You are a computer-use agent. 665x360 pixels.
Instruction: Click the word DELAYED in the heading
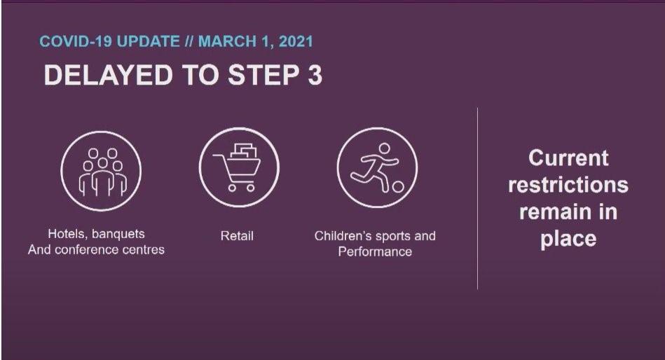[108, 75]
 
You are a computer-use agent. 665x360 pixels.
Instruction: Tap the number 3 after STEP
[315, 75]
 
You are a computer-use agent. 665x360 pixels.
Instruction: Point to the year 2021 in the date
[296, 41]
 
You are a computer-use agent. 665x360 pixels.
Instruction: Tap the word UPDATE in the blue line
[148, 41]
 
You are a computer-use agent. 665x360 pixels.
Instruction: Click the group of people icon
[101, 170]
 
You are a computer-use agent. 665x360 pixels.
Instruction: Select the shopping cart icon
[239, 167]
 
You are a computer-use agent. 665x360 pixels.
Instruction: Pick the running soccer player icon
[377, 167]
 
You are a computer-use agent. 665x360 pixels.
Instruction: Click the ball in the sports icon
[398, 186]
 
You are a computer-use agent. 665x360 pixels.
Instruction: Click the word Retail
[237, 236]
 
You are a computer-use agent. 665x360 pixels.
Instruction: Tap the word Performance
[375, 251]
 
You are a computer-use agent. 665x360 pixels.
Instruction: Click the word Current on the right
[568, 158]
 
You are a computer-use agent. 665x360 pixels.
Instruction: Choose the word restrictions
[568, 185]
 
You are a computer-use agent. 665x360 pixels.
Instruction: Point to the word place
[568, 239]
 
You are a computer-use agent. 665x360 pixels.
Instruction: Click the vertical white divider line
[477, 198]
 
